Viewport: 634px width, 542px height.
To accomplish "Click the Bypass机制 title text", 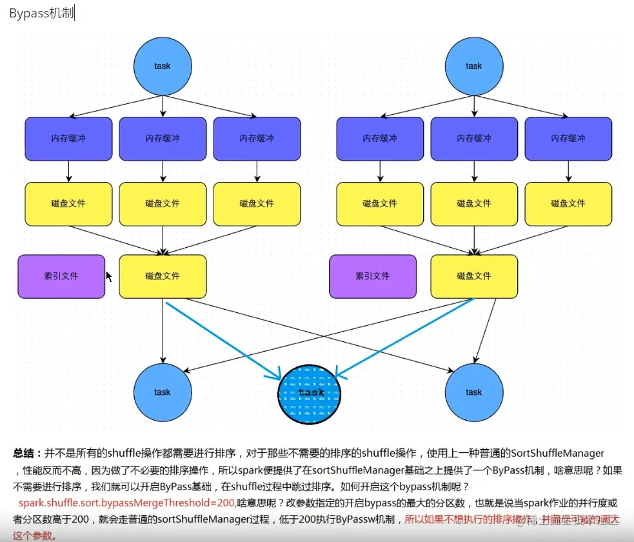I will [x=41, y=14].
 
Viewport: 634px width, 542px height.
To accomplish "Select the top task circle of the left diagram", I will [x=163, y=66].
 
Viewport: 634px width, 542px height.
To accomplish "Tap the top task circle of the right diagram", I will [x=474, y=66].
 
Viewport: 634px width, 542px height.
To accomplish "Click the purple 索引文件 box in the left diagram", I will [x=61, y=276].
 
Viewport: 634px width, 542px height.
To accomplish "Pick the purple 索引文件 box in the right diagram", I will [x=373, y=276].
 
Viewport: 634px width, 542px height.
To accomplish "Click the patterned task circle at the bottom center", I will [x=310, y=392].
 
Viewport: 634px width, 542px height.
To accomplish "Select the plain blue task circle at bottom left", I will [x=163, y=392].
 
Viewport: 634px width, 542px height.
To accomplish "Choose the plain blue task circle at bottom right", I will [x=474, y=392].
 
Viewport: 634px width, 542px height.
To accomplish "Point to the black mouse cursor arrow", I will [x=108, y=276].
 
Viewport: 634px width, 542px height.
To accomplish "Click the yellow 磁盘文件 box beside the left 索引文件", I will [x=163, y=276].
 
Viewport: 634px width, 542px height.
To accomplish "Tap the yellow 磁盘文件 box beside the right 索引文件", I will [x=474, y=276].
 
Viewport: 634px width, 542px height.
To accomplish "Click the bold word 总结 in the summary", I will [x=26, y=454].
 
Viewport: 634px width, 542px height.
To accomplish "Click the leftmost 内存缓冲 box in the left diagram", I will [x=68, y=139].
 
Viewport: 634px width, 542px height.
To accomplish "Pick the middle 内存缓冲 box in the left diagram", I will [x=163, y=139].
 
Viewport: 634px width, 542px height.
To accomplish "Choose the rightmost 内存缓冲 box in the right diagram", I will [x=568, y=139].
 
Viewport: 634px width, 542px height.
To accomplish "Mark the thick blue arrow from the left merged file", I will [x=223, y=340].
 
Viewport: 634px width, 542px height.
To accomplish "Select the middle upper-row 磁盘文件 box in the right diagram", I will [x=474, y=204].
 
